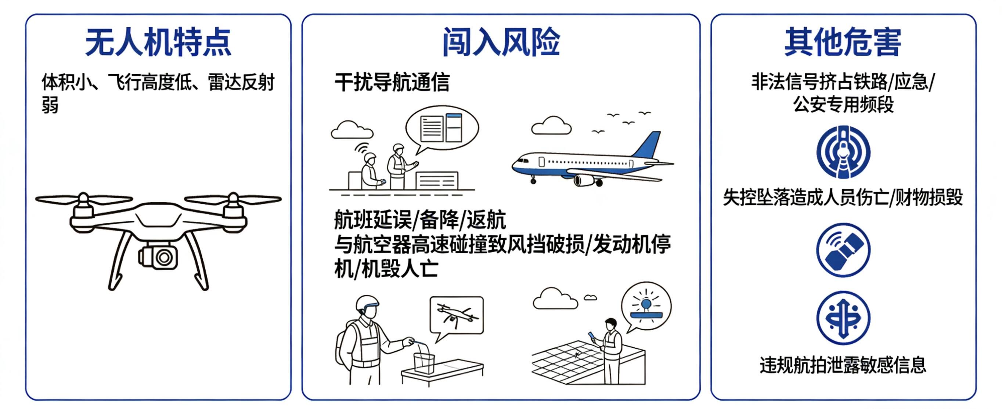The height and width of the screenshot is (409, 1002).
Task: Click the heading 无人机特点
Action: click(158, 42)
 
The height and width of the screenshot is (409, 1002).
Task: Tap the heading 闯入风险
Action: click(501, 42)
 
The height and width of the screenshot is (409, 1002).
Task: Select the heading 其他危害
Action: click(843, 42)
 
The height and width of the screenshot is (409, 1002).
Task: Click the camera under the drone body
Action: click(158, 256)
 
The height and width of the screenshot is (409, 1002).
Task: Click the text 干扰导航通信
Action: click(392, 82)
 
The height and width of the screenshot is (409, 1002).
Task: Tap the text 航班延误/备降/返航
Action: click(420, 220)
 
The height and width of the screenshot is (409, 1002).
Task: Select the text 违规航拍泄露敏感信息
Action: click(843, 365)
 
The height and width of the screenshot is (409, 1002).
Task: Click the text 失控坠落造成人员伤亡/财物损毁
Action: click(843, 198)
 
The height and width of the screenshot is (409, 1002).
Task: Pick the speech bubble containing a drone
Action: click(457, 317)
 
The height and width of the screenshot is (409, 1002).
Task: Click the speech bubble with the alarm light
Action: click(646, 307)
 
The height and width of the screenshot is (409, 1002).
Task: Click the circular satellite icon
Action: click(843, 250)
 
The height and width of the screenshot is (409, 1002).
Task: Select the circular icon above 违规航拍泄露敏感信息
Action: click(843, 318)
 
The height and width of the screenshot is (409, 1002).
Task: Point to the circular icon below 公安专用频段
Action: click(843, 152)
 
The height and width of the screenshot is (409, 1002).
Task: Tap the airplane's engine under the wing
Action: click(584, 180)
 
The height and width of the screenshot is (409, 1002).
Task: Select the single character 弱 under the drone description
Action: click(50, 105)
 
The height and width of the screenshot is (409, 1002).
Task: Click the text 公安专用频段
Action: click(843, 104)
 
